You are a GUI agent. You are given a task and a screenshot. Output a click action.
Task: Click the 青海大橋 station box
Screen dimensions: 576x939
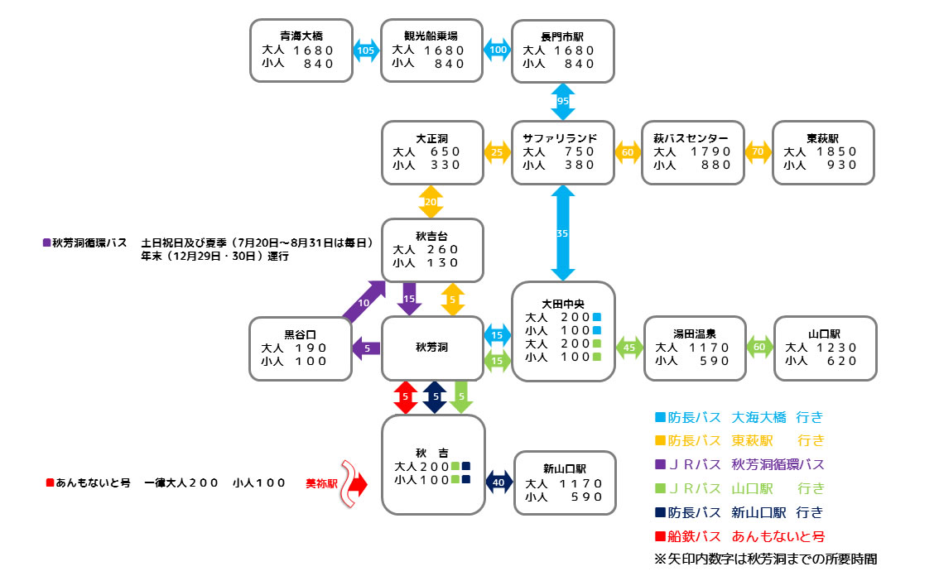click(x=301, y=50)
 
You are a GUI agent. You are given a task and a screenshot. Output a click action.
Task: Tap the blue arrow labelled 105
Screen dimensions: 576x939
click(x=365, y=50)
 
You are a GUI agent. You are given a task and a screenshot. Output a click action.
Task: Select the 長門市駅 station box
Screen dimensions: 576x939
click(x=563, y=50)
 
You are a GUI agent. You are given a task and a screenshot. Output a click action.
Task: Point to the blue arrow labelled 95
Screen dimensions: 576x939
click(x=563, y=101)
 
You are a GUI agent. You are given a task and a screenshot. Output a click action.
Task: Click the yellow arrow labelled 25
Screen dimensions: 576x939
click(x=497, y=152)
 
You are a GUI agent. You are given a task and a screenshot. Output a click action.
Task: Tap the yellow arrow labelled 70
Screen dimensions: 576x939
click(x=757, y=152)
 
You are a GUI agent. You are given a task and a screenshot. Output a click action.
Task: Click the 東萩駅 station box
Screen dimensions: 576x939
click(x=823, y=152)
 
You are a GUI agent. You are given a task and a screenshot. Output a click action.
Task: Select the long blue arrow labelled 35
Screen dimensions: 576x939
click(x=563, y=233)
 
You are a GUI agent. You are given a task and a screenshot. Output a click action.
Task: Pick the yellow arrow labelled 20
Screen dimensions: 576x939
click(x=431, y=201)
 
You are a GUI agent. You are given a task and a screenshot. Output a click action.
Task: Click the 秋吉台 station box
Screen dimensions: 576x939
click(x=431, y=249)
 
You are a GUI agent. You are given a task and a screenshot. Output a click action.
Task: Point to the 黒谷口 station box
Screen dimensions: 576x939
click(x=301, y=348)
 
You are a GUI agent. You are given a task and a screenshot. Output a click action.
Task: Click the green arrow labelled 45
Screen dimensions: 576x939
click(x=628, y=348)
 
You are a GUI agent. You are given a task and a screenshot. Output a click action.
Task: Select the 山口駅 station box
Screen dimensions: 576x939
click(x=825, y=348)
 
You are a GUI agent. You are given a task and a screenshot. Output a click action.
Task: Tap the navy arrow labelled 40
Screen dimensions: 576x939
click(x=498, y=482)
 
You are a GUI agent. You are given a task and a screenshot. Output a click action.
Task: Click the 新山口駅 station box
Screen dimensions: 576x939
click(x=565, y=482)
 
